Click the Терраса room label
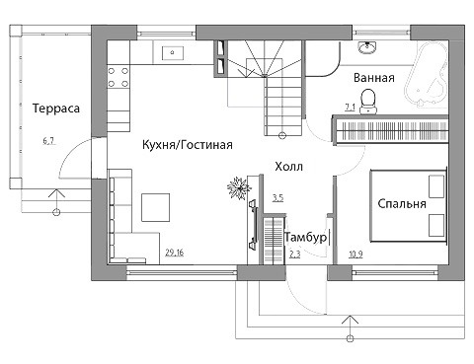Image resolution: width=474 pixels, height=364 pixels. click(56, 109)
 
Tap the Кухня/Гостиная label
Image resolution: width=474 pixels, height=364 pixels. click(188, 145)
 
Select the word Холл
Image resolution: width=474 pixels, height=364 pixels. click(288, 167)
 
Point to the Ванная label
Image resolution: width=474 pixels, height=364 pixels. click(374, 78)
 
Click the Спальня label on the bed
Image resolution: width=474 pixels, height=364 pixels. click(402, 203)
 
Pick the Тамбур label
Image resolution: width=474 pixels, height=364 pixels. click(306, 238)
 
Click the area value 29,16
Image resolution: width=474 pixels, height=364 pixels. click(175, 253)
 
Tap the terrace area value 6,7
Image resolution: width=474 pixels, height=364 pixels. click(48, 141)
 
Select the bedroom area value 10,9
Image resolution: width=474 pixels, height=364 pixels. click(355, 254)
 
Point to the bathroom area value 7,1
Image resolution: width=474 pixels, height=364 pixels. click(350, 107)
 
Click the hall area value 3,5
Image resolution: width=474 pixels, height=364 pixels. click(277, 198)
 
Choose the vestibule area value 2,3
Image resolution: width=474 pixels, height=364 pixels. click(295, 255)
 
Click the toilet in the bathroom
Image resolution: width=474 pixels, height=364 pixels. click(368, 102)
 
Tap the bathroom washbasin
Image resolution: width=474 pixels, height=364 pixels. click(367, 47)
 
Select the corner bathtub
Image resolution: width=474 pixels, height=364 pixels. click(427, 74)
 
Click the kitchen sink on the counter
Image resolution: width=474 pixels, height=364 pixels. click(173, 52)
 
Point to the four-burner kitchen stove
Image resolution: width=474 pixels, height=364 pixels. click(118, 77)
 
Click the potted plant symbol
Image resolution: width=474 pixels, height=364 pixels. click(239, 188)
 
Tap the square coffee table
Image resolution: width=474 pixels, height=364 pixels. click(156, 207)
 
